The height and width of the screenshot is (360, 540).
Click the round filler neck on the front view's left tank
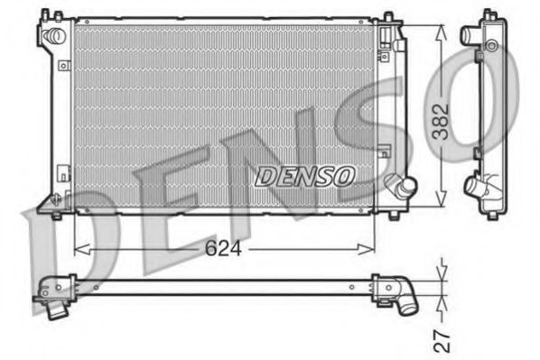tap(54, 35)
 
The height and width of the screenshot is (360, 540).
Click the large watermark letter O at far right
tap(489, 99)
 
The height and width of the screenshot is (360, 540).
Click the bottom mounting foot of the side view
tap(492, 214)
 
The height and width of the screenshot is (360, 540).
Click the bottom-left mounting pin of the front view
tap(57, 214)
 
